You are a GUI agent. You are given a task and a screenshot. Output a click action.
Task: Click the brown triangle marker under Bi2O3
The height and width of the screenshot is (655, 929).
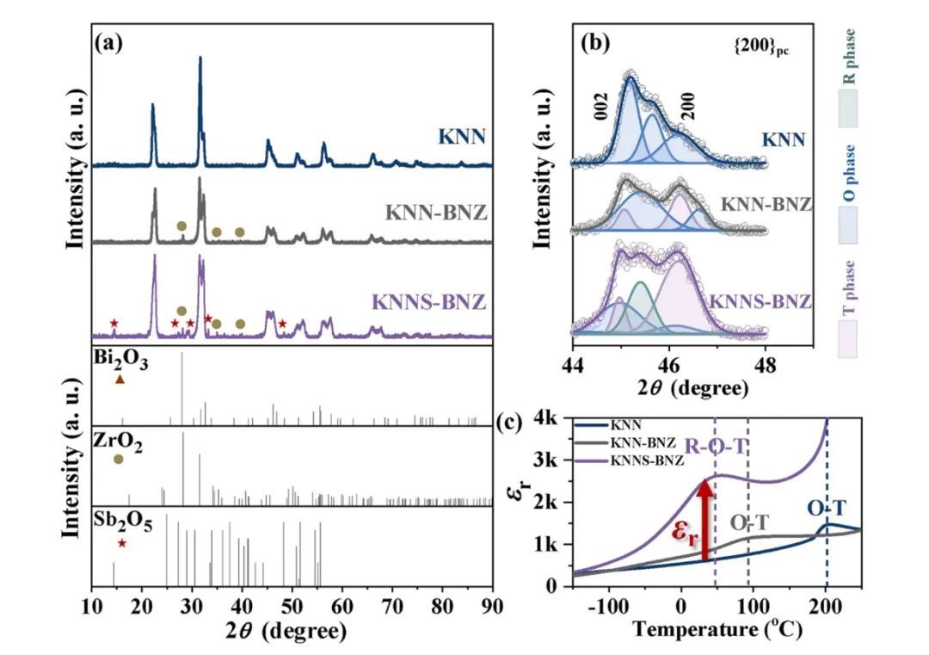[x=120, y=380]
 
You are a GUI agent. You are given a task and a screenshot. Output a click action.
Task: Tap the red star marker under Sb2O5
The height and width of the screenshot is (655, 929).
[x=122, y=543]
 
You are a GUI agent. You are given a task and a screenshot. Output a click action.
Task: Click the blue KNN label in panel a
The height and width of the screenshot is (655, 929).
[x=461, y=135]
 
